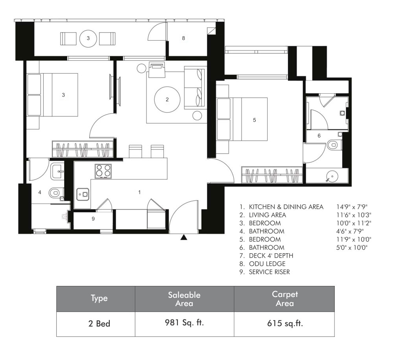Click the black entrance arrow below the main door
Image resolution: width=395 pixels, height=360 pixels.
click(184, 238)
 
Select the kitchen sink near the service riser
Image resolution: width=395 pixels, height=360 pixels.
click(83, 194)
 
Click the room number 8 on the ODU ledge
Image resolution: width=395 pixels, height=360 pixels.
click(183, 38)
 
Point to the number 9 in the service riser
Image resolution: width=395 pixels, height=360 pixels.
click(93, 219)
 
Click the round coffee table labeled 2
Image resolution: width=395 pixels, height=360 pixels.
click(167, 100)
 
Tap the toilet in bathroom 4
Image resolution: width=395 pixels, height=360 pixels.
click(54, 193)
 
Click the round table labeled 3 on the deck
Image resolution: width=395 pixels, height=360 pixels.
click(88, 39)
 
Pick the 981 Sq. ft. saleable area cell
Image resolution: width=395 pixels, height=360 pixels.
click(185, 323)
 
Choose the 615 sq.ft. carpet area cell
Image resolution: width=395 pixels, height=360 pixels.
click(284, 323)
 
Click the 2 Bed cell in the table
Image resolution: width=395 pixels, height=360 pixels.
click(99, 323)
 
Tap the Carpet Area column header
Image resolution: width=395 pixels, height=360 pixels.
click(284, 299)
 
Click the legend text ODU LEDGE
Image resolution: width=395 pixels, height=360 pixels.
click(267, 264)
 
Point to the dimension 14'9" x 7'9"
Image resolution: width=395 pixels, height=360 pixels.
click(353, 207)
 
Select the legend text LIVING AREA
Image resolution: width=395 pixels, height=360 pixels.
click(267, 215)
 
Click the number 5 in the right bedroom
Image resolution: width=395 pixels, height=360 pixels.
click(255, 120)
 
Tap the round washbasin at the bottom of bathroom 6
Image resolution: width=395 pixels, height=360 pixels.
click(332, 176)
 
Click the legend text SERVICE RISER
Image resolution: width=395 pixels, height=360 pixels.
click(269, 272)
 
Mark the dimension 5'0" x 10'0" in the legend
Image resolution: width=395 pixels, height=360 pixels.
click(352, 248)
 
